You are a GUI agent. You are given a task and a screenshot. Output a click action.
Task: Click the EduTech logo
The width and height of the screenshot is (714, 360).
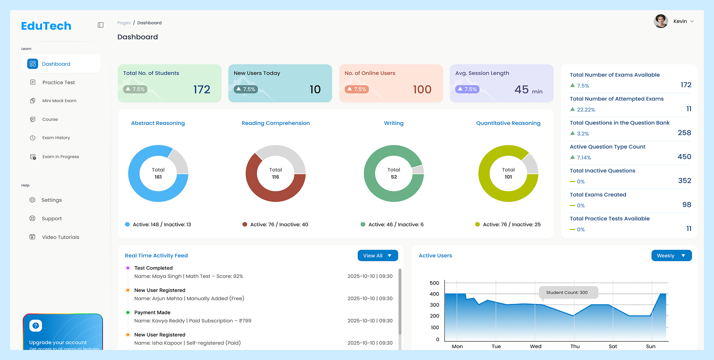tap(46, 26)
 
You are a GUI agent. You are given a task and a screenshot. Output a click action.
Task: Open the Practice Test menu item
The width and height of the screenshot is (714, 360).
tap(58, 82)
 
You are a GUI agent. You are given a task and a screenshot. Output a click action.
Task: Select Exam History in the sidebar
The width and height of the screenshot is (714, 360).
tap(56, 138)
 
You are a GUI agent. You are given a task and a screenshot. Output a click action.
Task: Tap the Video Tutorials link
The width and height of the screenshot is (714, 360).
tap(60, 237)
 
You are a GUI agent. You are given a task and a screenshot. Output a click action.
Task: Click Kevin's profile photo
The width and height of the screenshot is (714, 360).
tap(661, 21)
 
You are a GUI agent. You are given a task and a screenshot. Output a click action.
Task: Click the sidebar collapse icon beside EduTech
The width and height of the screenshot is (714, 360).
tap(100, 25)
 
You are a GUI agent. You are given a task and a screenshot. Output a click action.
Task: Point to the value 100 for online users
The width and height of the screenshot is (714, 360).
tap(422, 89)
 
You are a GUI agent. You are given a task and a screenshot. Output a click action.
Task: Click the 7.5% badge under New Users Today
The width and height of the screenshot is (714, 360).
tap(246, 89)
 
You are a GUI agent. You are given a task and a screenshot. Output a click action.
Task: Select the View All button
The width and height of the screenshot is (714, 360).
tap(378, 256)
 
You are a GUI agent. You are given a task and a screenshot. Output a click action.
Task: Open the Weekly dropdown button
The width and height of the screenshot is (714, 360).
tap(671, 256)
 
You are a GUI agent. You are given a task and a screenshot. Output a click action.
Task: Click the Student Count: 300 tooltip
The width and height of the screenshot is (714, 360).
tap(568, 292)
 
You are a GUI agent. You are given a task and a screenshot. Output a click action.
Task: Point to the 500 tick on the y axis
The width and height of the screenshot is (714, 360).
tap(434, 283)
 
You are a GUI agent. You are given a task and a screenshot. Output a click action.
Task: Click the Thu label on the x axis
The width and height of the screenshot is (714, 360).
tap(575, 346)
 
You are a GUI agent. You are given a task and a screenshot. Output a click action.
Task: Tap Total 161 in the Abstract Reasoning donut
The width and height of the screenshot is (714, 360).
tap(158, 173)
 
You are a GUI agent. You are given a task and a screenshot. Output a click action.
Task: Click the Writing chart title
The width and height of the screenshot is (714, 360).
tap(394, 123)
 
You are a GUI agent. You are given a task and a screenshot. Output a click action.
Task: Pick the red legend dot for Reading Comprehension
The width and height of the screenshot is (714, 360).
tap(245, 224)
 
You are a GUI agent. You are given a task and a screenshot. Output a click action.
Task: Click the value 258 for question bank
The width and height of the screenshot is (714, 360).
tap(684, 133)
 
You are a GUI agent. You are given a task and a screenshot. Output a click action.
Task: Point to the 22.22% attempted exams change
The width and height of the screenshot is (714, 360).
tap(586, 110)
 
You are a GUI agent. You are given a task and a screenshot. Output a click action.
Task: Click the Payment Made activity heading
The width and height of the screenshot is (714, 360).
tap(152, 312)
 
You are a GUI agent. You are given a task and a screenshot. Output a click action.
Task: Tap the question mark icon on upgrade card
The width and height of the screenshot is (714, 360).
tap(36, 325)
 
